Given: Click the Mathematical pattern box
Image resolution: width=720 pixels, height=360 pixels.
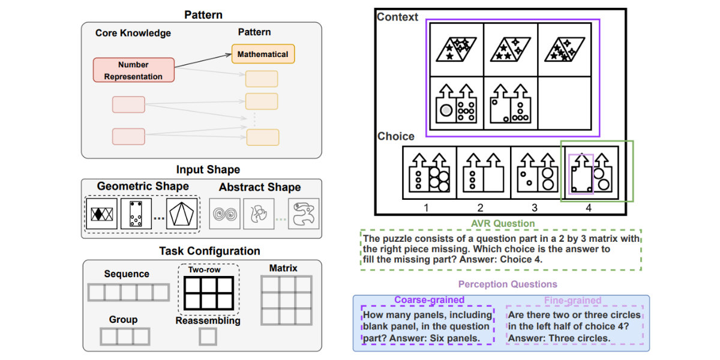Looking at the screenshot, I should coord(263,54).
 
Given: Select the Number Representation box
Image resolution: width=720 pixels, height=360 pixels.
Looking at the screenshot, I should coord(134,70).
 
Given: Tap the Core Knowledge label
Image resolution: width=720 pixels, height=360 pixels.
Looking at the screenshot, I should coord(133,33).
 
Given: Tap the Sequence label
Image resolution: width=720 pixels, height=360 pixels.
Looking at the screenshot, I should coord(127,274).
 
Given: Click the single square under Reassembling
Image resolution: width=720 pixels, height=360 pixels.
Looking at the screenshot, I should coord(208,337).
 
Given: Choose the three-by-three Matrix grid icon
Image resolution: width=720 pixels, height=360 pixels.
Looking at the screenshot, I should coord(286,300).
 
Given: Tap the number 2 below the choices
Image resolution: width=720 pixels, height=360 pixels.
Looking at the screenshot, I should coord(481,207).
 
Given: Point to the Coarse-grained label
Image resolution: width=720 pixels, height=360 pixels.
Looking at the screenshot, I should coord(429,300).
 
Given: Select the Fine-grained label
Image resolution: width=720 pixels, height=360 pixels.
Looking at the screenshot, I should coord(572,300).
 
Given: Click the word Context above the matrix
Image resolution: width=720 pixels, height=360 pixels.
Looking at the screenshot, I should coord(397,17).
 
